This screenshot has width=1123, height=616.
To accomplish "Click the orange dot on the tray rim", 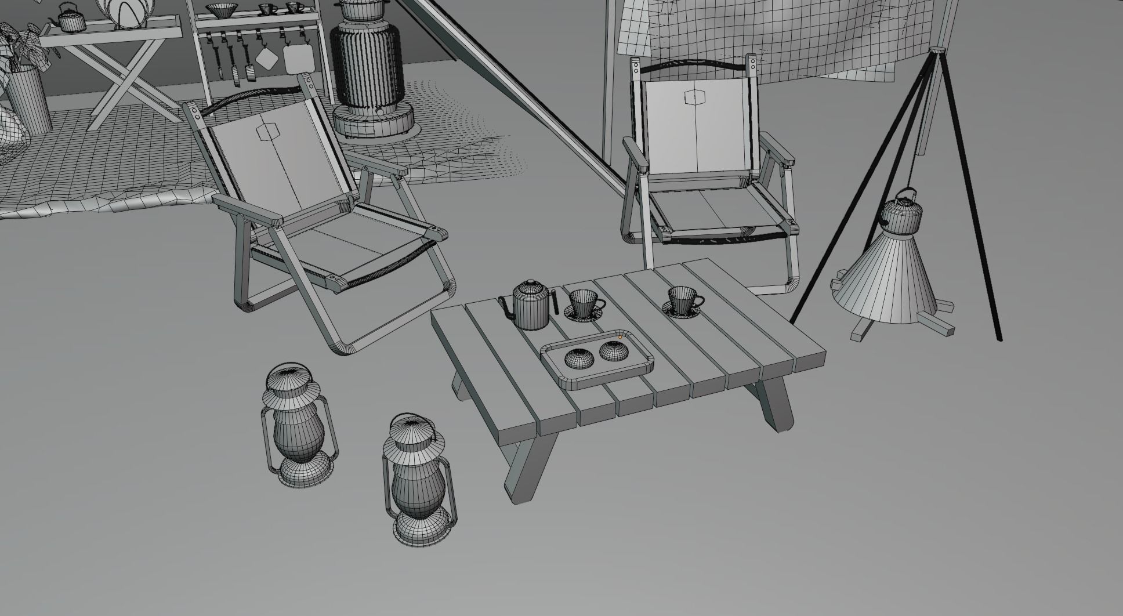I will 620,337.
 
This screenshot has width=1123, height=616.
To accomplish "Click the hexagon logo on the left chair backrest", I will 267,132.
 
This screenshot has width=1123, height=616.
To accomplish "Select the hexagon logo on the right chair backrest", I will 693,97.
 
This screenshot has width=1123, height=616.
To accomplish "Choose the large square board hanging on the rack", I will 298,59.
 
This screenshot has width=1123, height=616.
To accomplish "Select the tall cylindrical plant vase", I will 28,99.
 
